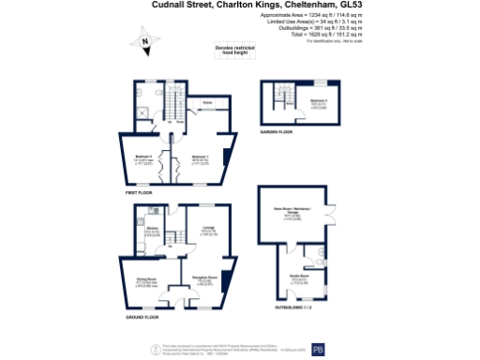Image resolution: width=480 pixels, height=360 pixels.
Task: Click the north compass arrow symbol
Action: pyautogui.click(x=145, y=41)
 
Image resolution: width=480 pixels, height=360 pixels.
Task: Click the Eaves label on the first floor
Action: pyautogui.click(x=205, y=103)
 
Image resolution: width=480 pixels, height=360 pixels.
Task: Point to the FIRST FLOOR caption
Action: pyautogui.click(x=139, y=192)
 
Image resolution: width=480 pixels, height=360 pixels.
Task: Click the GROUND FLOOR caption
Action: pyautogui.click(x=142, y=318)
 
